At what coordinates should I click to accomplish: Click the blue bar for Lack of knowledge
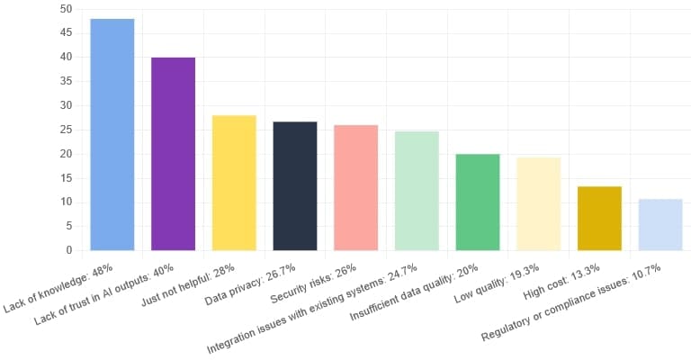(x=112, y=134)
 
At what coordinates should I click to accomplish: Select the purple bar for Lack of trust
(x=173, y=153)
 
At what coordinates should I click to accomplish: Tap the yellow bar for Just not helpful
(x=234, y=183)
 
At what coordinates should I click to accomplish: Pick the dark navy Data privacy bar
(x=295, y=185)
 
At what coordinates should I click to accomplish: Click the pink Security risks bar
(x=355, y=187)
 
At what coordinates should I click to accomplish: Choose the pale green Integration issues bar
(x=417, y=190)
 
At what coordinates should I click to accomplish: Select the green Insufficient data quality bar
(x=477, y=202)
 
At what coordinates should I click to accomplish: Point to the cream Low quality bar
(x=538, y=203)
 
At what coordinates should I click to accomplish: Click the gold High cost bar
(x=599, y=218)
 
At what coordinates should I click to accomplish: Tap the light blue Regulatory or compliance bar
(x=660, y=224)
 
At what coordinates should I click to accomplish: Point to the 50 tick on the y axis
(x=66, y=9)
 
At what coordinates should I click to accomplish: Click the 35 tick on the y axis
(x=66, y=81)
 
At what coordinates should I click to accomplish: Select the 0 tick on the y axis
(x=68, y=250)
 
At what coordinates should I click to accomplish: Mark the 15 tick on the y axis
(x=66, y=177)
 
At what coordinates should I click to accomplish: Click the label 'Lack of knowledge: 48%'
(x=59, y=287)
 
